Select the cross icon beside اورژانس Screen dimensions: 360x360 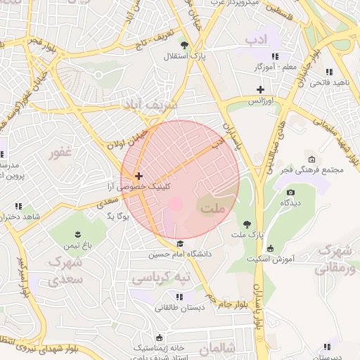click(x=260, y=89)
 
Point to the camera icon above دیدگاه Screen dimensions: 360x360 click(x=291, y=192)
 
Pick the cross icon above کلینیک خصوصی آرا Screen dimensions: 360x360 click(x=139, y=176)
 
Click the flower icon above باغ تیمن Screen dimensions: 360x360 click(x=77, y=234)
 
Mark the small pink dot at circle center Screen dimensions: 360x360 click(x=176, y=203)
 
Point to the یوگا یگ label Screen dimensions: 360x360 click(x=118, y=216)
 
